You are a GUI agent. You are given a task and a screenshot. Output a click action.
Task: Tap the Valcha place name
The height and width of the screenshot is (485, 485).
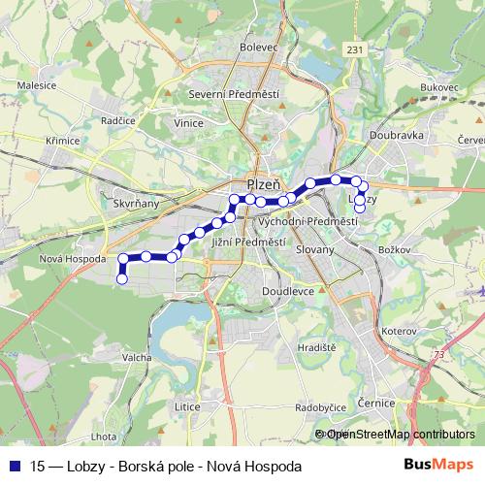(136, 356)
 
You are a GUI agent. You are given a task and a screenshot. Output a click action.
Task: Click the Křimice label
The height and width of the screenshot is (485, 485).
(61, 141)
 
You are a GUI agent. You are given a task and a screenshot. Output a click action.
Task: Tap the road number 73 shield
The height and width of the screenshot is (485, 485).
(443, 355)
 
